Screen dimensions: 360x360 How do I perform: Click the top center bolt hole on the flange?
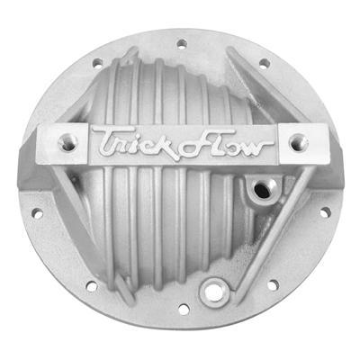pos(181,42)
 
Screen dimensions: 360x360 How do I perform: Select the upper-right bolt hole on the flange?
pos(265,63)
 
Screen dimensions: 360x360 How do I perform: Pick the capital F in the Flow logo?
pos(184,141)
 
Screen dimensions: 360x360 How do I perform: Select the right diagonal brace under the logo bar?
pos(279,216)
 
